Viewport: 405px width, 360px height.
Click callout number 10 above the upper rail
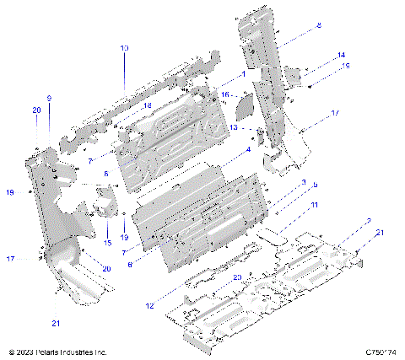124,49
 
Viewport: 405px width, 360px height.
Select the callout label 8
319,27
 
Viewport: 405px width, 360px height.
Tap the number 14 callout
341,55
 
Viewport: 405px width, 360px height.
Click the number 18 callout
147,105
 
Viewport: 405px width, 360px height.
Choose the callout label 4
248,149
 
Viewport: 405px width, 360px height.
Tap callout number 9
49,99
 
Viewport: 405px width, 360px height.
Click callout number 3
303,181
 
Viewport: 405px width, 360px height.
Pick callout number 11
313,205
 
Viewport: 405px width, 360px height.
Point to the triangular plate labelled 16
244,105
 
